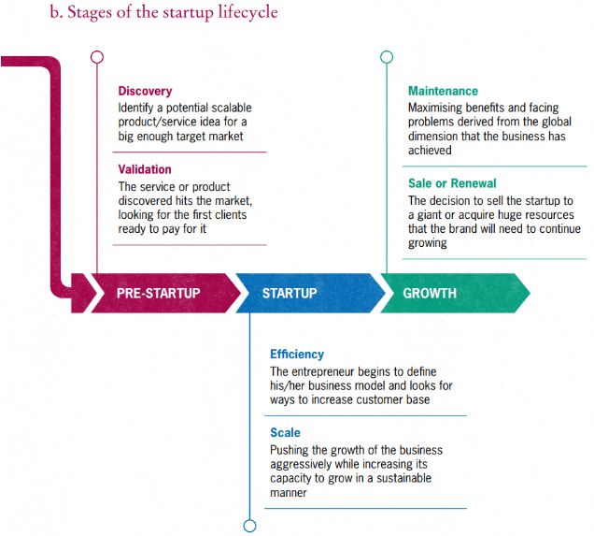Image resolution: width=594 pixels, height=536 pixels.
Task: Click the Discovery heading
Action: pyautogui.click(x=145, y=92)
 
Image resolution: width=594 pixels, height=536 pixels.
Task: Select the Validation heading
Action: pyautogui.click(x=145, y=169)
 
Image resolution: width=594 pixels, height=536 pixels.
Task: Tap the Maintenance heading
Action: pyautogui.click(x=443, y=92)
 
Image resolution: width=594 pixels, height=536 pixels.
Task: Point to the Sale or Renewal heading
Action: pyautogui.click(x=452, y=183)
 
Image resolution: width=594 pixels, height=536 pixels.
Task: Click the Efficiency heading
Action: pyautogui.click(x=297, y=355)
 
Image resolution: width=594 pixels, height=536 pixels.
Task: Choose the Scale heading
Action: pyautogui.click(x=285, y=433)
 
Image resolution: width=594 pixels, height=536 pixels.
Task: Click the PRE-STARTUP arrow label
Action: pyautogui.click(x=158, y=294)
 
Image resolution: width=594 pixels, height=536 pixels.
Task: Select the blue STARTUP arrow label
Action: pyautogui.click(x=289, y=294)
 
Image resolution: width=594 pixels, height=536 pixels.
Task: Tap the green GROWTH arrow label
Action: pyautogui.click(x=430, y=294)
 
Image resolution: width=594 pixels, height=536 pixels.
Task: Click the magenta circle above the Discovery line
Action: pyautogui.click(x=96, y=57)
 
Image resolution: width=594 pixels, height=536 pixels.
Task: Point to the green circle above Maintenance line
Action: pyautogui.click(x=387, y=57)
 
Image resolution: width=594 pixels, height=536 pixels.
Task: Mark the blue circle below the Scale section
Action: pyautogui.click(x=249, y=526)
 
